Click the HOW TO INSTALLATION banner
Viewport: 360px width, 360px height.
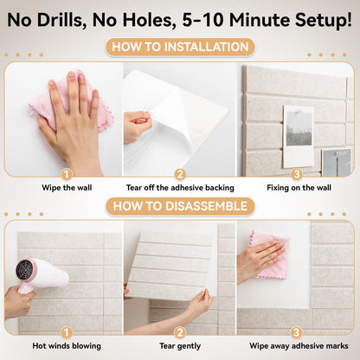(x=180, y=47)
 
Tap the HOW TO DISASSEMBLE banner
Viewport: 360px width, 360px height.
(x=180, y=206)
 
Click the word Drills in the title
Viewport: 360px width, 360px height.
(x=62, y=20)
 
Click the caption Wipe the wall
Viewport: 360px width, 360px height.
(x=67, y=188)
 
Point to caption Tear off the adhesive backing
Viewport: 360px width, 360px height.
(x=180, y=188)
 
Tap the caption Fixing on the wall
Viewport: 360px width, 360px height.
(x=299, y=188)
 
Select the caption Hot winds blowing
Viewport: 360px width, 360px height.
(x=67, y=346)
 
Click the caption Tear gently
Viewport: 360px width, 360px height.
(x=180, y=346)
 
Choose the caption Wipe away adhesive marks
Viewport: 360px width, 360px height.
(x=299, y=346)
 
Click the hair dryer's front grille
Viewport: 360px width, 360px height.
(x=25, y=270)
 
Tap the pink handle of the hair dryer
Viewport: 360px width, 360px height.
(x=25, y=288)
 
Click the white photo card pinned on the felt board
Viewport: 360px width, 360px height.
(x=299, y=136)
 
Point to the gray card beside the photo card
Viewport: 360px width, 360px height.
(x=337, y=163)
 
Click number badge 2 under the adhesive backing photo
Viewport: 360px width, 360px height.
(x=180, y=174)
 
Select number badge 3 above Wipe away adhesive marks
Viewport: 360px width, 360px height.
(x=296, y=332)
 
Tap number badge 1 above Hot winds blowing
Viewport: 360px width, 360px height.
(x=67, y=332)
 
